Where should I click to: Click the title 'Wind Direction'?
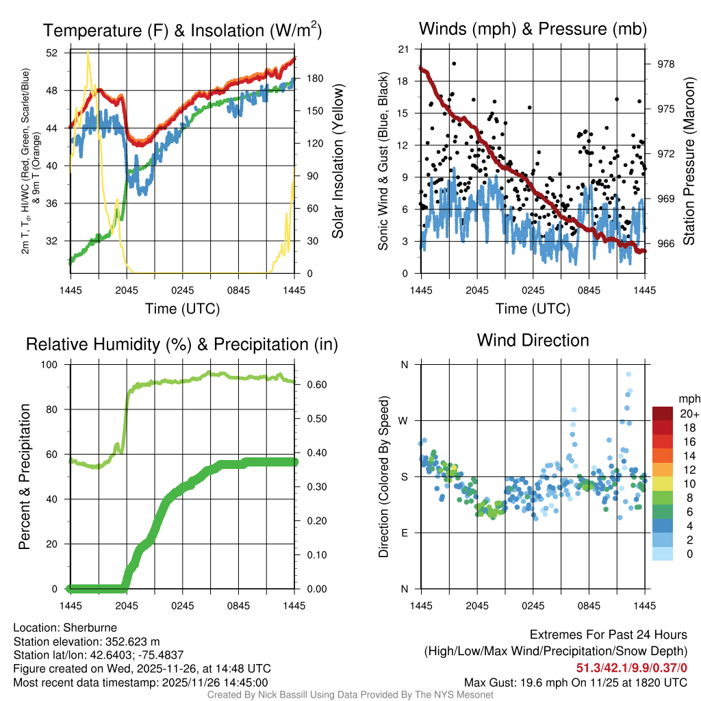533,340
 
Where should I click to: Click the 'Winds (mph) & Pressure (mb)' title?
533,29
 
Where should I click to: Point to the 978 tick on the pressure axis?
665,64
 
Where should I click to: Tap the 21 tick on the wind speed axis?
403,49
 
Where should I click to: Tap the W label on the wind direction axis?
404,421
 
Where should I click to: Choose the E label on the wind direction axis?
404,533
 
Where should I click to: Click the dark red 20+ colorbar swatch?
663,413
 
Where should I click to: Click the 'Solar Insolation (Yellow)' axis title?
337,162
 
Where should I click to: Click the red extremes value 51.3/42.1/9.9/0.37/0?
630,668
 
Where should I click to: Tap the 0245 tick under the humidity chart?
182,606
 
